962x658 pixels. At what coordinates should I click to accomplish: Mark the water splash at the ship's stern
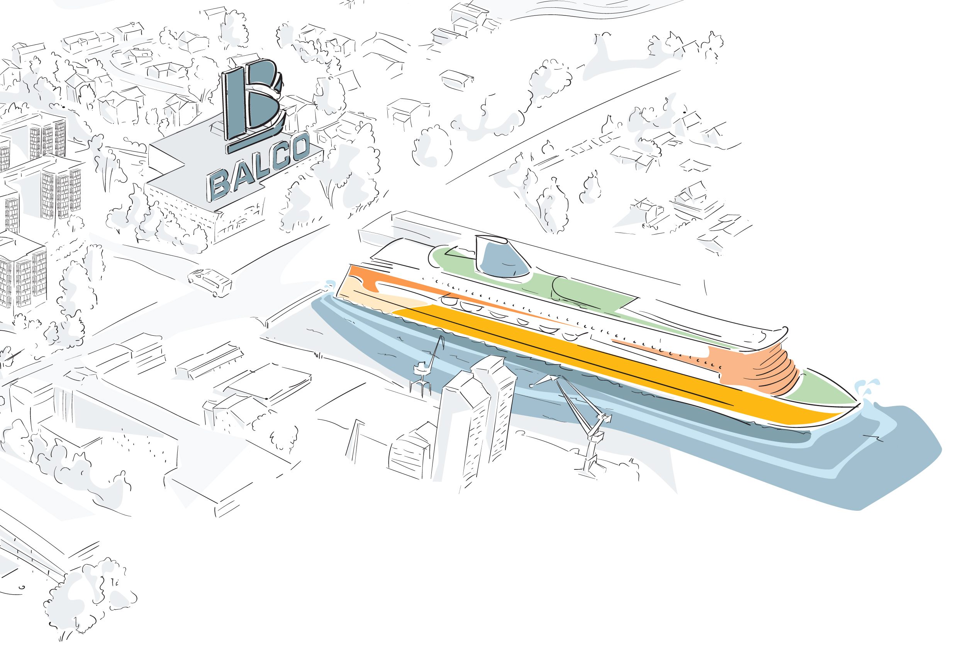330,285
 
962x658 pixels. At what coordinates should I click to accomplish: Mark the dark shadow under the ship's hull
621,398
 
